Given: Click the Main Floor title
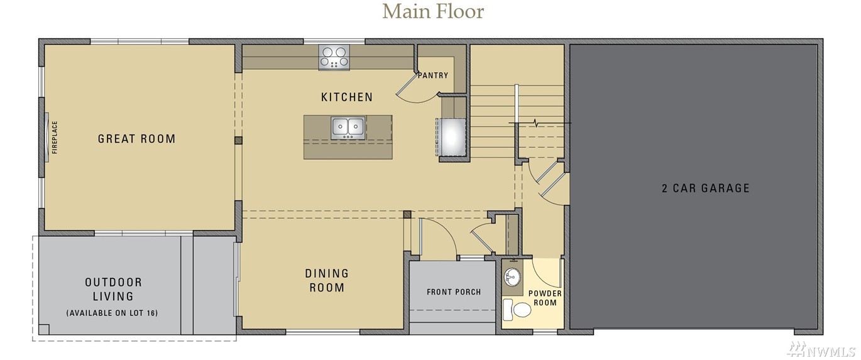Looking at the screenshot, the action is pos(433,11).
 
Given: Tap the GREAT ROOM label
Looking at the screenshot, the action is pos(136,139).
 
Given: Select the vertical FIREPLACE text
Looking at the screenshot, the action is pos(55,137).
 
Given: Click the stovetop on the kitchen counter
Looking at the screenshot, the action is pos(334,57).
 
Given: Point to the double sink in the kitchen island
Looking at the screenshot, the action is pos(348,128).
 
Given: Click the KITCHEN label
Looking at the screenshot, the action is pos(347,97).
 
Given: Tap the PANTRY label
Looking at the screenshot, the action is pos(433,75).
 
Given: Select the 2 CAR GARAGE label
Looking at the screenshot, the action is pos(706,188).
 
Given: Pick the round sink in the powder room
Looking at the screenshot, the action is pos(512,276).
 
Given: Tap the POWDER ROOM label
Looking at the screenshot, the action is pos(545,298).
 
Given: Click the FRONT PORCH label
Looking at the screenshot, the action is pos(454,292).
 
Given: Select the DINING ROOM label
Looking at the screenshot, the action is pos(327,280).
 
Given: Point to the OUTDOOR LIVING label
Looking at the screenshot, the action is pos(113,289).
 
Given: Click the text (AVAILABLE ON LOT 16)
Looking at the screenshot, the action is pos(112,313).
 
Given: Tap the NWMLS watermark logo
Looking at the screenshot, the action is pos(822,349).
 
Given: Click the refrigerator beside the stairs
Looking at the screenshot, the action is pos(452,137).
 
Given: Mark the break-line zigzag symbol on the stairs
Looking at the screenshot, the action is pos(536,123).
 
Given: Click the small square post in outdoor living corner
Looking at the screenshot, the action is pos(44,330).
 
